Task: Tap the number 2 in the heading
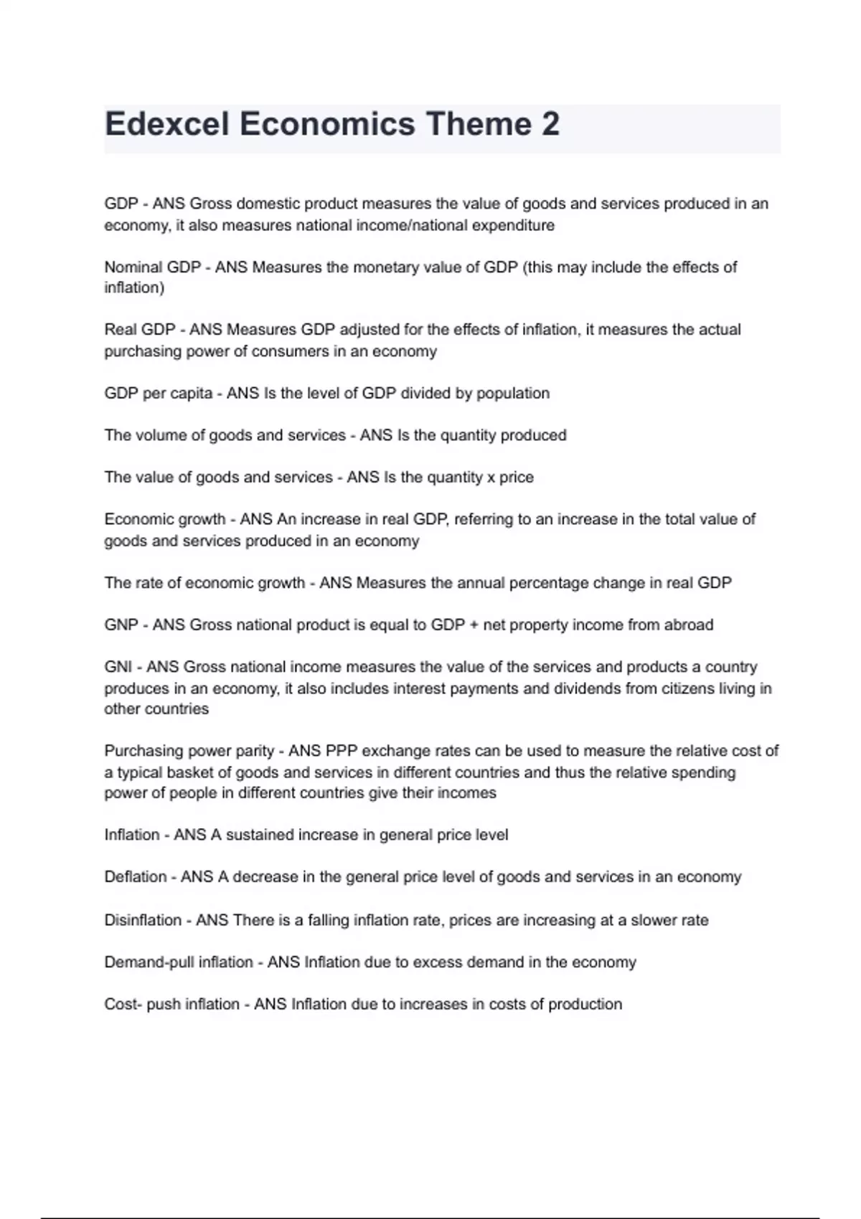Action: click(x=550, y=124)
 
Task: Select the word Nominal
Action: click(x=133, y=267)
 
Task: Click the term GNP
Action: click(x=121, y=625)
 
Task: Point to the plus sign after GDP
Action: click(x=474, y=625)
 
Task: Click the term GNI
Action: click(x=118, y=667)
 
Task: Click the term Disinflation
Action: click(x=143, y=920)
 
